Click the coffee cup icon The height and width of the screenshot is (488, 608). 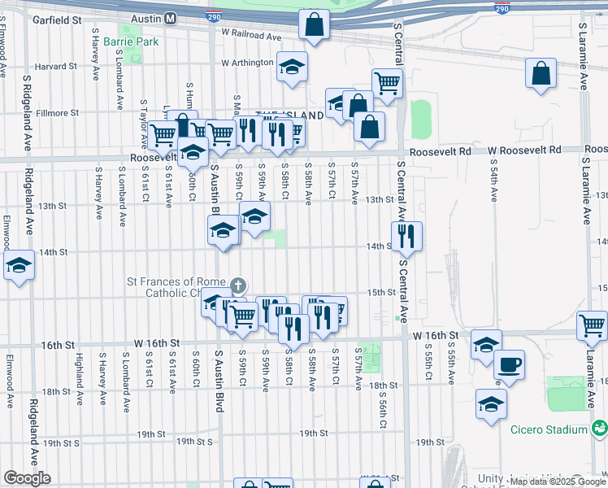pyautogui.click(x=509, y=364)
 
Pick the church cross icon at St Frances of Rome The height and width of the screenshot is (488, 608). pyautogui.click(x=237, y=285)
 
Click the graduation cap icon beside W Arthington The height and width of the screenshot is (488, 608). pyautogui.click(x=292, y=68)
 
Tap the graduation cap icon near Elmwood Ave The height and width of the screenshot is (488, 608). pyautogui.click(x=18, y=265)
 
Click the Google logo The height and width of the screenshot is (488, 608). pyautogui.click(x=28, y=478)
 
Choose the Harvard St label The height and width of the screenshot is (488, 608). pyautogui.click(x=56, y=66)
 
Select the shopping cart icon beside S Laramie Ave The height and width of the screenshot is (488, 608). pyautogui.click(x=592, y=325)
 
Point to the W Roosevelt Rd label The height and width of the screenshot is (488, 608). pyautogui.click(x=524, y=150)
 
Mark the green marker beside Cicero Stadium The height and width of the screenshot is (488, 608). pyautogui.click(x=599, y=427)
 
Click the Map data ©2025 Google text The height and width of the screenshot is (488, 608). pyautogui.click(x=558, y=481)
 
